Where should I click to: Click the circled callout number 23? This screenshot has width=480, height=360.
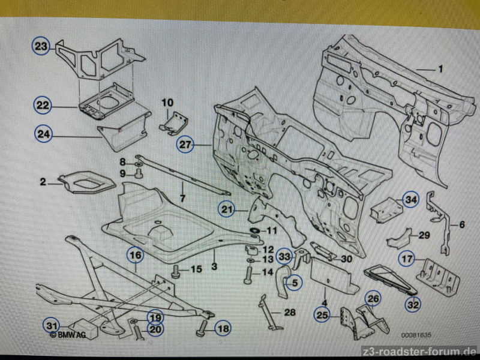click(41, 46)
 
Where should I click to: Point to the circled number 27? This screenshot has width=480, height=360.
click(186, 144)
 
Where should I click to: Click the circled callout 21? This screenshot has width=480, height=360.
click(226, 209)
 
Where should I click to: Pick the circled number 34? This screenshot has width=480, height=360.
click(410, 200)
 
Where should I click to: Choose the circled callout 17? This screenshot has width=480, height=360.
click(407, 260)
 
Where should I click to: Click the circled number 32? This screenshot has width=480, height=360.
click(413, 305)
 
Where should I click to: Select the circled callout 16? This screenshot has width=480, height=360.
click(136, 256)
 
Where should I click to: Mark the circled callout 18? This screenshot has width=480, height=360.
click(223, 328)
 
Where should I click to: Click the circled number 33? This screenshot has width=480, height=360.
click(284, 257)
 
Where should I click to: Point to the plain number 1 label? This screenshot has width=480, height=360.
click(440, 69)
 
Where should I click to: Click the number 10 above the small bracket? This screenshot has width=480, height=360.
click(167, 103)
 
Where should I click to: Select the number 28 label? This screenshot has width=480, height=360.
click(290, 313)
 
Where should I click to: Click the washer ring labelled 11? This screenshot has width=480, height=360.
click(253, 232)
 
